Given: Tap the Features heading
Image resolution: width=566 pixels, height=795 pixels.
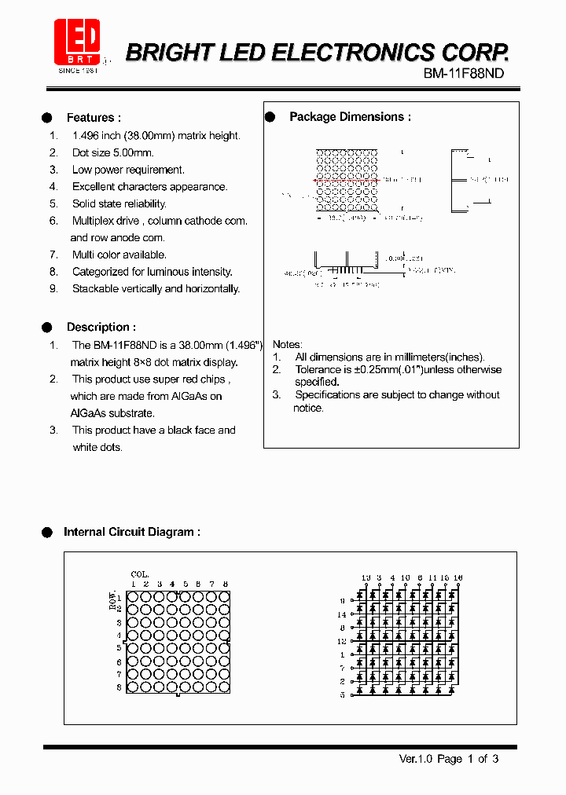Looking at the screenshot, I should click(94, 118).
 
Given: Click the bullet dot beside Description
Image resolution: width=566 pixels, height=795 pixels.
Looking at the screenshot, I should click(47, 327).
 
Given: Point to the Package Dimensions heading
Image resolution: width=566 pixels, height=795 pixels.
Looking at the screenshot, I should click(350, 117).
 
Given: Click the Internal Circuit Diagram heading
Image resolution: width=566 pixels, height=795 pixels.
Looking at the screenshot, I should click(131, 532).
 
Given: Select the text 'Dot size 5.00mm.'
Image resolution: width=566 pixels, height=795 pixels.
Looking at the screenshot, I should click(112, 152).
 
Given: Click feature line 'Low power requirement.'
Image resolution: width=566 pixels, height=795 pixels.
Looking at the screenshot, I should click(128, 170).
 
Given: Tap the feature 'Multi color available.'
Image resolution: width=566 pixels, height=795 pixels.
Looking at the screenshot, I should click(119, 255).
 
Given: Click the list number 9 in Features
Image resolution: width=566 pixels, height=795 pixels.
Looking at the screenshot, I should click(53, 288).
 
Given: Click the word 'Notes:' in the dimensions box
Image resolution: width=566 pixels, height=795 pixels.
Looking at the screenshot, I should click(287, 344).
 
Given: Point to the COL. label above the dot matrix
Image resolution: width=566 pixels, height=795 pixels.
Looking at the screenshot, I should click(140, 575).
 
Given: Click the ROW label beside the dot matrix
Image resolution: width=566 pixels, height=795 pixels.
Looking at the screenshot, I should click(112, 599).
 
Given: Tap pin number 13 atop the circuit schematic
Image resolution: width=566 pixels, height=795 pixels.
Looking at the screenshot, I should click(366, 578).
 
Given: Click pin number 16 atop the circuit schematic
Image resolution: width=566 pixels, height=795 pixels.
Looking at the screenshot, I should click(458, 578).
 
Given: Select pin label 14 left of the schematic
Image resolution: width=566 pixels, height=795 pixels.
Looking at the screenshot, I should click(341, 614).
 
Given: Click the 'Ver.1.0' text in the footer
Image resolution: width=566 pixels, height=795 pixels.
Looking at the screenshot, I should click(416, 759).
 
